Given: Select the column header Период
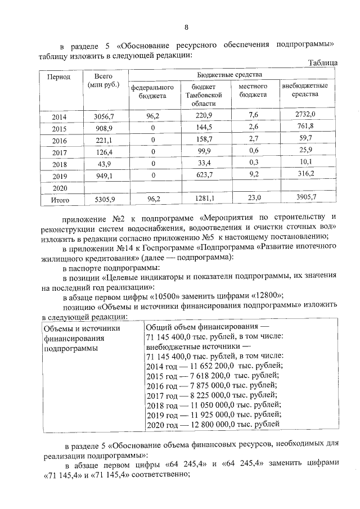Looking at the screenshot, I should coord(58,76).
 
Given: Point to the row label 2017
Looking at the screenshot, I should coord(59,152).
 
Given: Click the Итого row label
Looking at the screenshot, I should coord(60,199).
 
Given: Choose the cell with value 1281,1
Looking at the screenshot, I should coord(202,198).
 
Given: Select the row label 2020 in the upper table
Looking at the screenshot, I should coord(59,187).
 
